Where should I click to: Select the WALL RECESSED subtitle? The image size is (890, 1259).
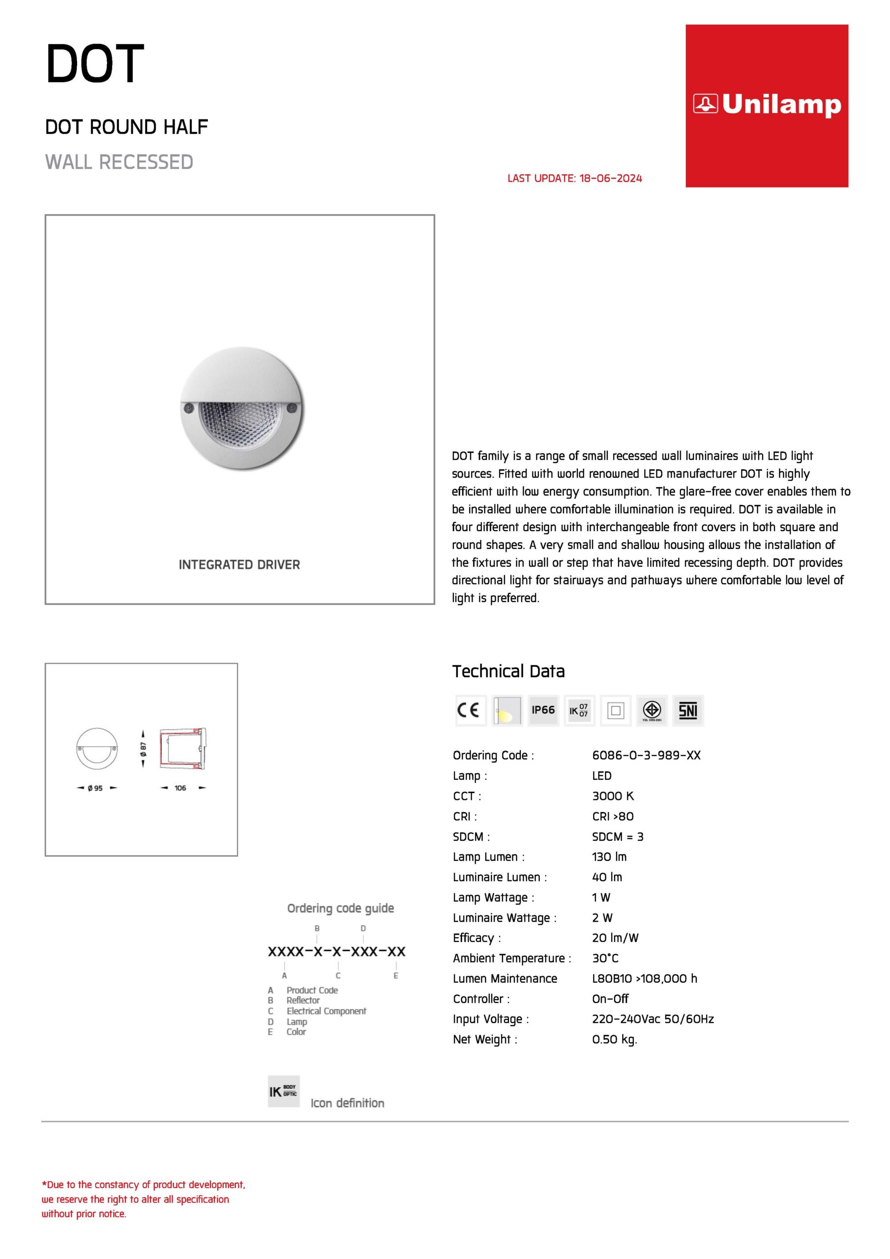click(119, 162)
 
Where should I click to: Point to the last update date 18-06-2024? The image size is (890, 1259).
click(610, 178)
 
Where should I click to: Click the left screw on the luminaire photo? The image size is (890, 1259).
click(188, 407)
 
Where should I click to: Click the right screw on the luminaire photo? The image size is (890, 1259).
click(292, 407)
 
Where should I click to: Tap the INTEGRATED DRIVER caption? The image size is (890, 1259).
click(239, 564)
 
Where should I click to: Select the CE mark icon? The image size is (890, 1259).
click(470, 710)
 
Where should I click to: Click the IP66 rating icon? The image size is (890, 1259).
click(543, 710)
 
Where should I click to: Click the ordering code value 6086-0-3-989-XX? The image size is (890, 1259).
click(646, 755)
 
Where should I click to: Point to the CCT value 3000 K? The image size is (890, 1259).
click(613, 796)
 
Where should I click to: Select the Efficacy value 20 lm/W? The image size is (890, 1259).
click(615, 938)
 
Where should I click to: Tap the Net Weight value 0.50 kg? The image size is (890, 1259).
click(614, 1039)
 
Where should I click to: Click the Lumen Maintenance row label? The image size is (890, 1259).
click(504, 978)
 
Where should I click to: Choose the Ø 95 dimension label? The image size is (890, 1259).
click(95, 788)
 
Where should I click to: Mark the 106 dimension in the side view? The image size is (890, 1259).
click(180, 788)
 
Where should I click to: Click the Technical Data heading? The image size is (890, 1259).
click(508, 671)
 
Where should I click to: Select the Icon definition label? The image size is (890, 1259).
click(347, 1103)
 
